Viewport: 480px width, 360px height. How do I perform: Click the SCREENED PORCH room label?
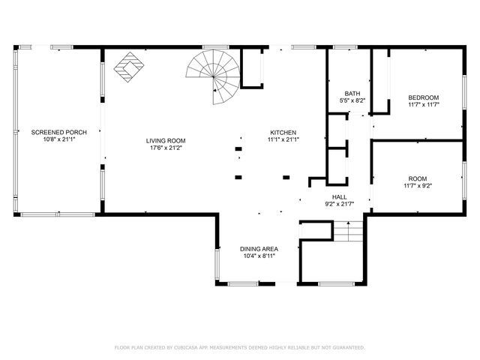(x=59, y=132)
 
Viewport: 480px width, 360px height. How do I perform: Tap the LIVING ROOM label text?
(x=166, y=140)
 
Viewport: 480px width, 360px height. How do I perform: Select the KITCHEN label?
(x=283, y=132)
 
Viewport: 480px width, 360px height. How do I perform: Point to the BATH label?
(x=352, y=93)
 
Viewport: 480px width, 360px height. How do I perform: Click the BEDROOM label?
(x=423, y=97)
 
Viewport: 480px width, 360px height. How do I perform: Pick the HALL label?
(x=339, y=196)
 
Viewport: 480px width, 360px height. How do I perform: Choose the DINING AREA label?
(x=259, y=248)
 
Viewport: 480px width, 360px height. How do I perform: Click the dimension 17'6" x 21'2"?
(x=166, y=148)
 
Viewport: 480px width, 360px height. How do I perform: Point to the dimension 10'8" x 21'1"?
(x=59, y=139)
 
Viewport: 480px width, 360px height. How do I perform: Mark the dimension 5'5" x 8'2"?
(x=352, y=100)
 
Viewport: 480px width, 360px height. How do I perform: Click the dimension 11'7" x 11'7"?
(x=423, y=105)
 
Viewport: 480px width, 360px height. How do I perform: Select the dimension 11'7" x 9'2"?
(x=423, y=185)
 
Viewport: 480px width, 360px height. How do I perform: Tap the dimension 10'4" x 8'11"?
(x=259, y=256)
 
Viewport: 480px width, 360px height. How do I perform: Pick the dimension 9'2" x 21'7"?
(x=339, y=204)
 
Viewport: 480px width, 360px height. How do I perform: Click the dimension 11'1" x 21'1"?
(x=283, y=139)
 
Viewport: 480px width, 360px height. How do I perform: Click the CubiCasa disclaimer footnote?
(x=239, y=347)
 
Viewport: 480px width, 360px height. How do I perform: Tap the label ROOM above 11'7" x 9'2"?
(x=423, y=178)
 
